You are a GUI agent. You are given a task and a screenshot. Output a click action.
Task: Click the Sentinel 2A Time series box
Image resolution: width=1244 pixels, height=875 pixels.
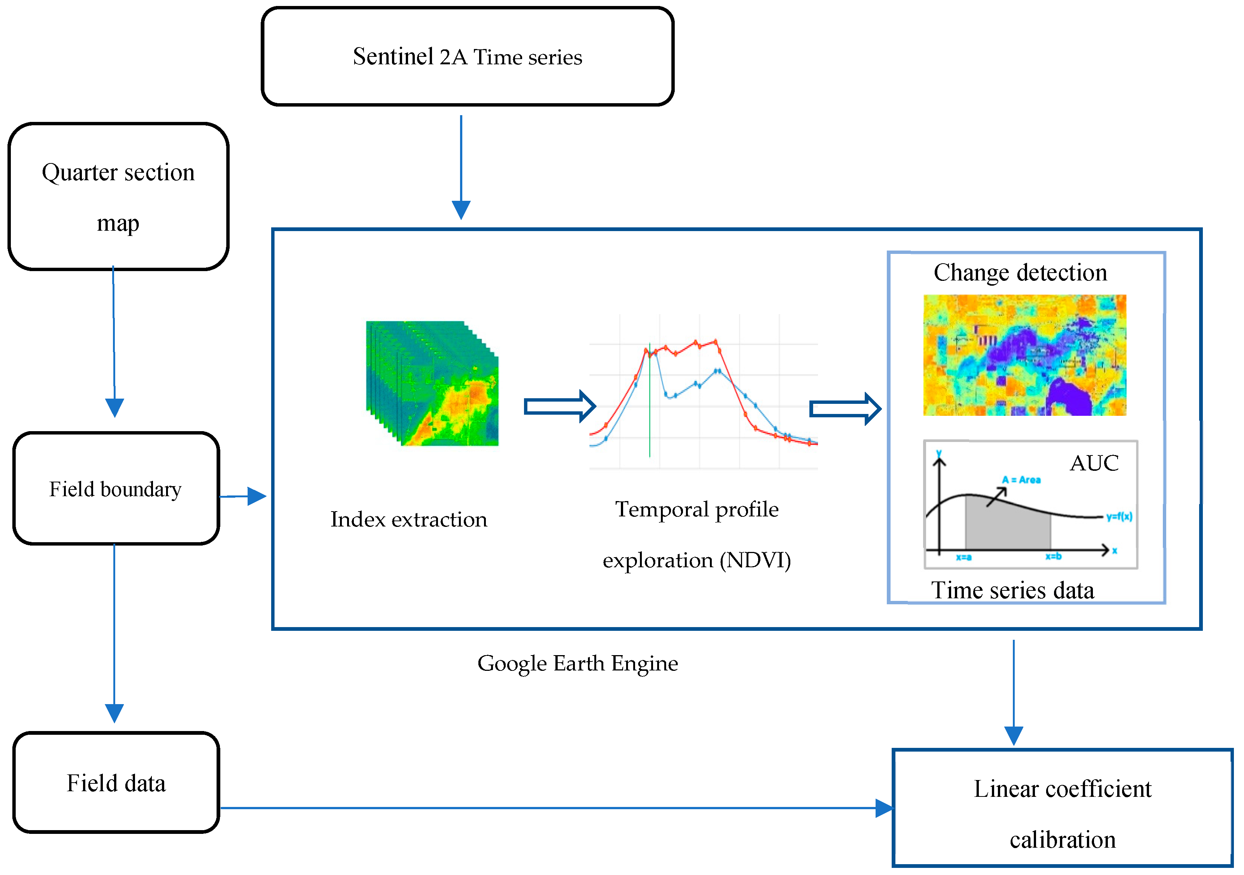[467, 56]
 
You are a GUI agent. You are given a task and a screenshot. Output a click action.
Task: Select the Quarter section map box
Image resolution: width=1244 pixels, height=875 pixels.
[118, 196]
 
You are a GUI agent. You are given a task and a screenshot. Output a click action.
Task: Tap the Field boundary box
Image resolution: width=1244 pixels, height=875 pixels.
[116, 489]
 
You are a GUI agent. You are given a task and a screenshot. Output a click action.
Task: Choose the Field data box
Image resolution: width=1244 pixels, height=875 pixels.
[116, 783]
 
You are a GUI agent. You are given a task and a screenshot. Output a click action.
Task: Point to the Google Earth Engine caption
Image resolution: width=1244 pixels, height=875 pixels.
[577, 663]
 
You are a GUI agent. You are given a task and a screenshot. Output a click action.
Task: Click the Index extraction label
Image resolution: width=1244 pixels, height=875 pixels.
[408, 519]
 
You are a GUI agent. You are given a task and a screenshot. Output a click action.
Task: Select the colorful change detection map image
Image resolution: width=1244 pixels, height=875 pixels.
[1024, 355]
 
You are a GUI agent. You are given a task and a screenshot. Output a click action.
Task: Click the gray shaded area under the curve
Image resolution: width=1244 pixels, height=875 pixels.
[1008, 528]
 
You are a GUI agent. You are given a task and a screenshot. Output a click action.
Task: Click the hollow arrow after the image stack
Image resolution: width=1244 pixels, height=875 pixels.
[560, 406]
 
